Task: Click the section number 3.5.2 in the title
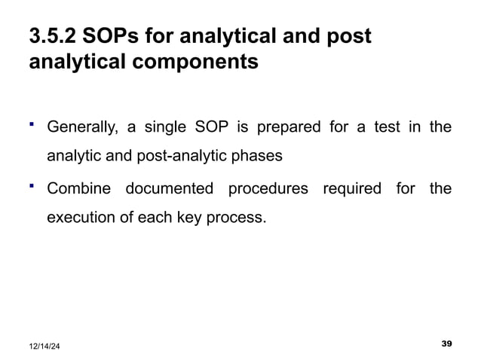click(54, 36)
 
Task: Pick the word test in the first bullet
click(387, 127)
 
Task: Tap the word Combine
click(78, 189)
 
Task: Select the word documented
click(168, 189)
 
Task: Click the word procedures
click(268, 189)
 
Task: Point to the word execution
click(78, 219)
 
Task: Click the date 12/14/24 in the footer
click(46, 345)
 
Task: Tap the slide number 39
click(446, 343)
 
